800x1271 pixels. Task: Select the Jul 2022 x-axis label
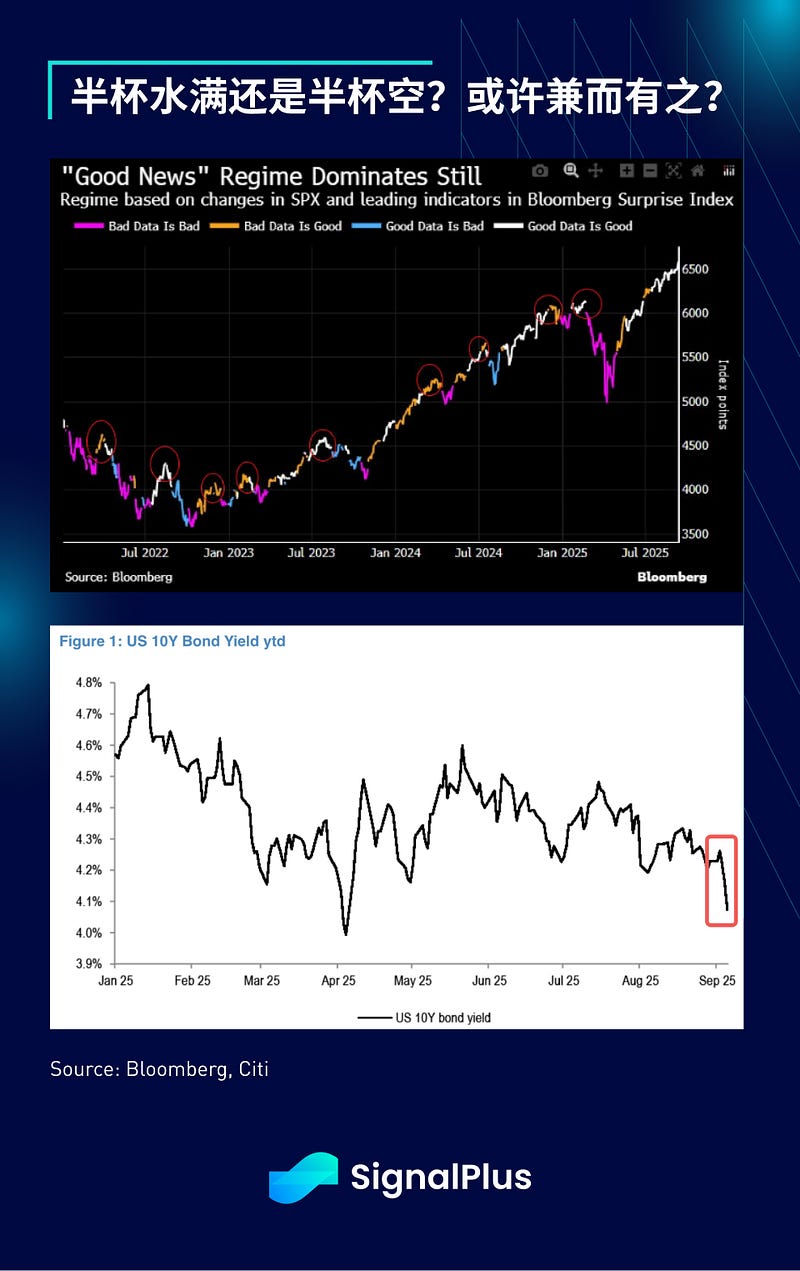pos(144,552)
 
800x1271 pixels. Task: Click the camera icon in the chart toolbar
pos(540,171)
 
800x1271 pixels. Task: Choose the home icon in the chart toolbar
pos(698,171)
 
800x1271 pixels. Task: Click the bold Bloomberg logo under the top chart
pos(672,577)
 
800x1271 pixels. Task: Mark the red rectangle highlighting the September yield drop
pos(721,880)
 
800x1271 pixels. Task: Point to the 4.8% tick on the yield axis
pos(88,683)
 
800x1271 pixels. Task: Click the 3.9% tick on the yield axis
pos(88,964)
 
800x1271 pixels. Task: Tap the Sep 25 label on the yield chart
pos(716,982)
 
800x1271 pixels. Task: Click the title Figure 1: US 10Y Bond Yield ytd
pos(172,641)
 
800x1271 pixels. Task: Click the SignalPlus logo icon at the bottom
pos(303,1177)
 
